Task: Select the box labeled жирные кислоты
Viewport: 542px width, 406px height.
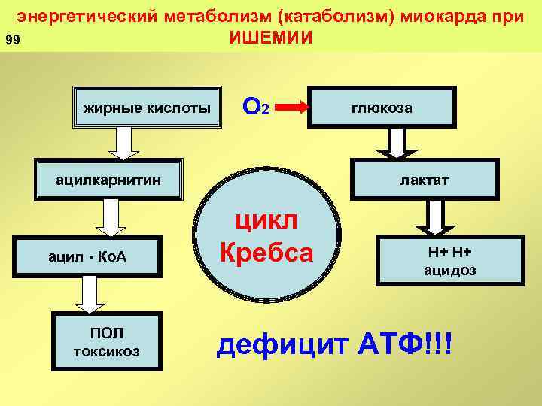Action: (x=147, y=108)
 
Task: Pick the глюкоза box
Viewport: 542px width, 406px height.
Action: (x=382, y=108)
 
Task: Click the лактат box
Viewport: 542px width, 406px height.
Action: (x=424, y=180)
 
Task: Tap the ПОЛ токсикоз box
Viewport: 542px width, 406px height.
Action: (x=106, y=342)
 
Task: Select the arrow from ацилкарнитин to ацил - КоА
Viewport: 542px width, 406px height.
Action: (x=111, y=219)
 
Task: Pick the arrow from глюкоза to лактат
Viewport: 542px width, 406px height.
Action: (x=397, y=142)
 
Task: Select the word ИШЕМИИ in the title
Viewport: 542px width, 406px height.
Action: (x=270, y=38)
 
